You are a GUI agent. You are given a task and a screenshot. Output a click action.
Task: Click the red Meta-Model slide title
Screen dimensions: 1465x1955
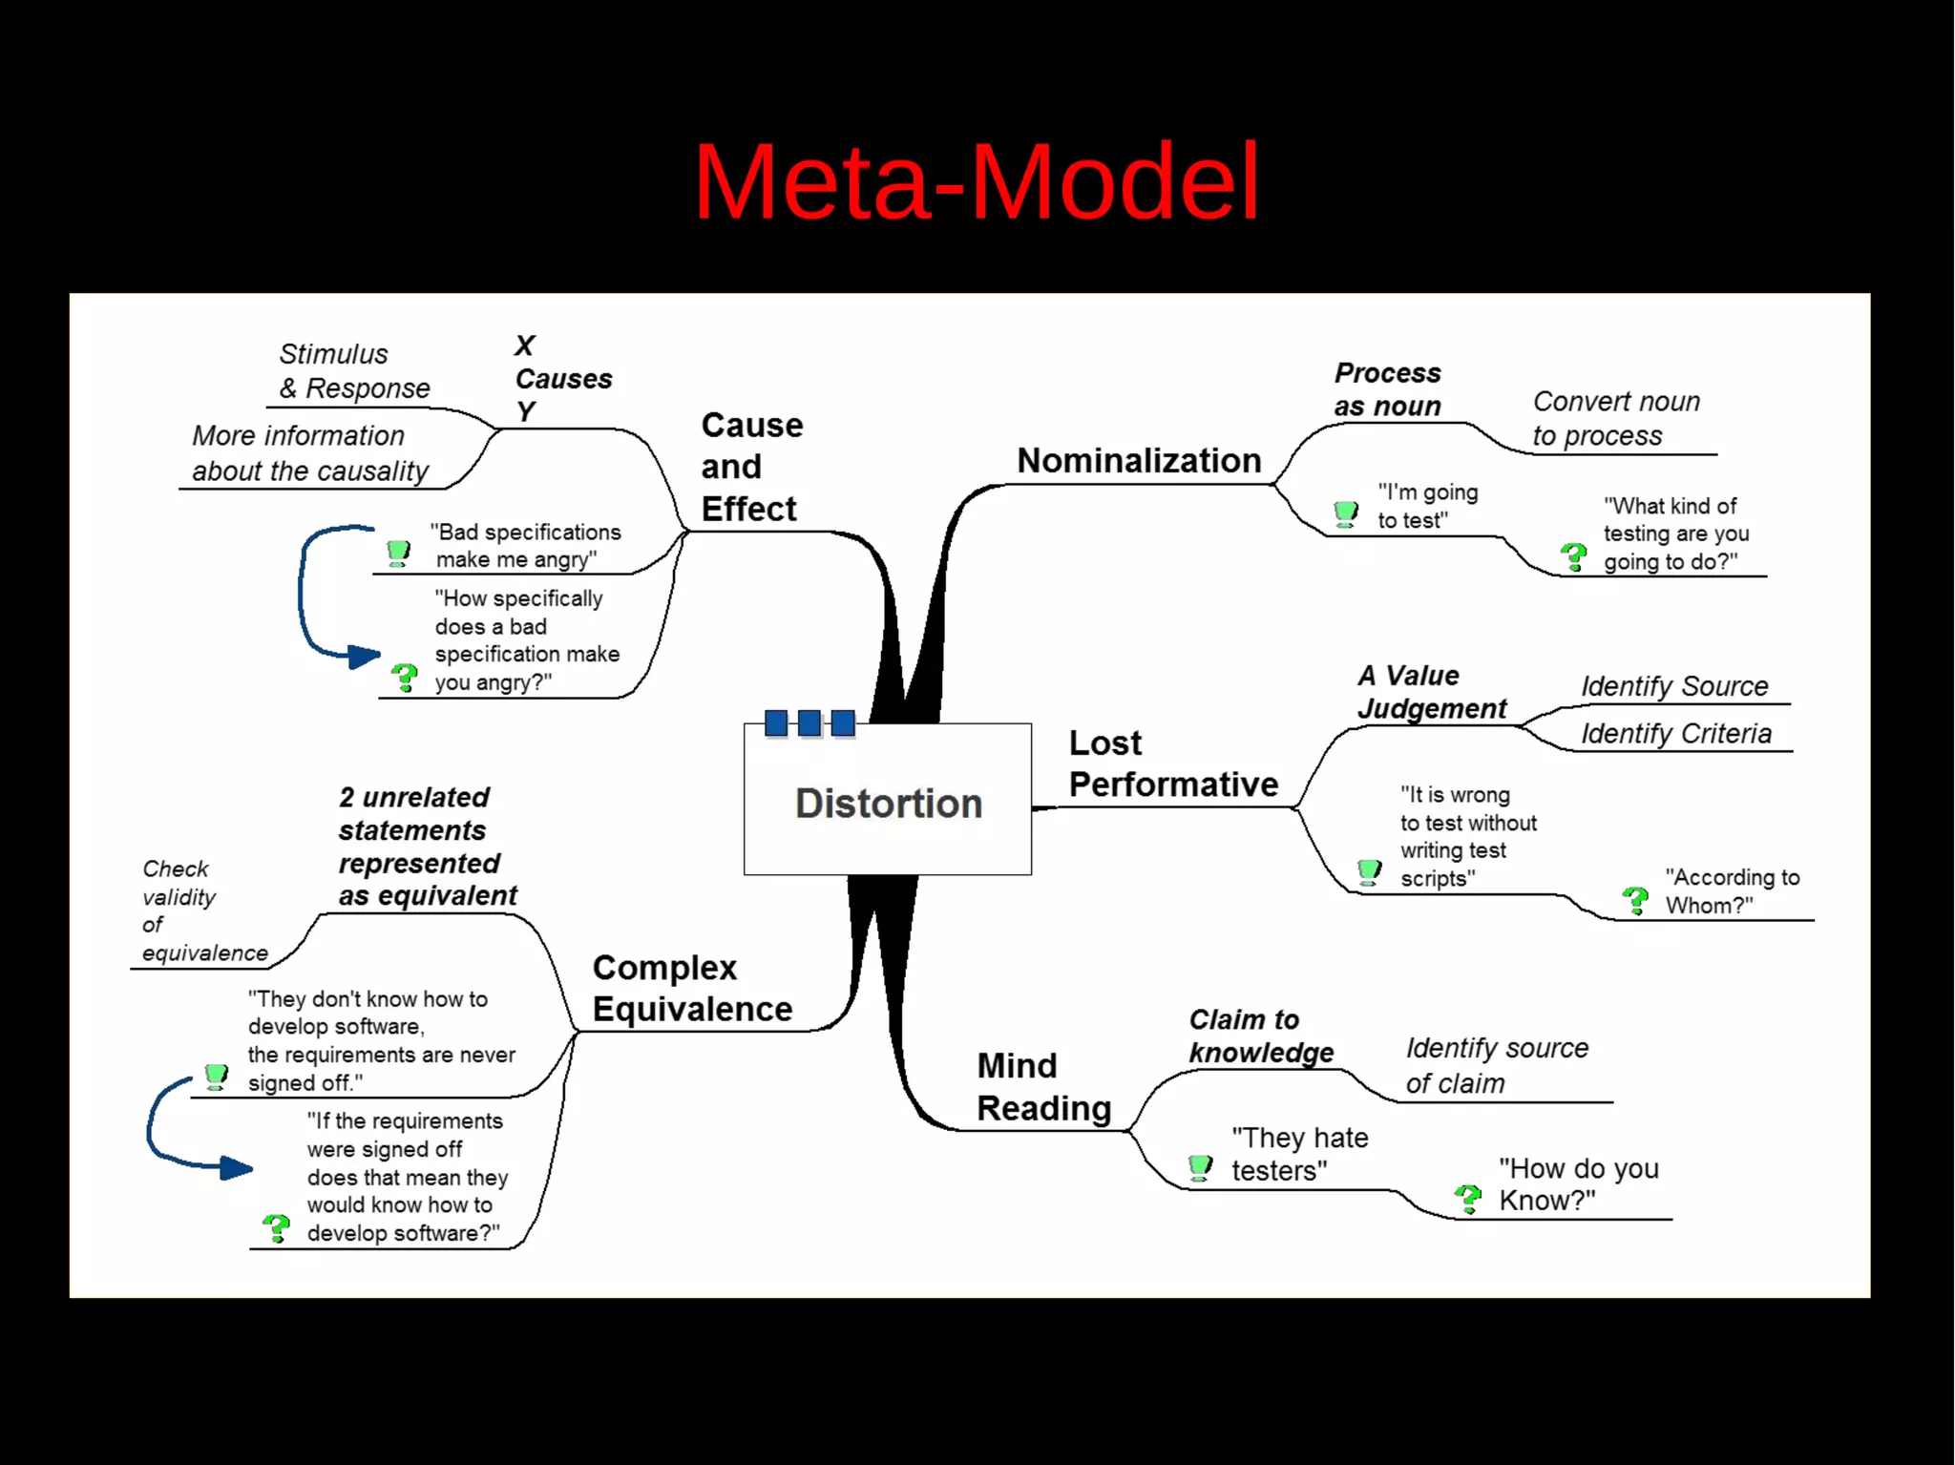pos(976,181)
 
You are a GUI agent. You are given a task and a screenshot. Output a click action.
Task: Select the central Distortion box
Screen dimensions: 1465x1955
pos(887,802)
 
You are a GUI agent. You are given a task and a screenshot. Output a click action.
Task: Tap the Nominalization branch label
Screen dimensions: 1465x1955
pos(1138,461)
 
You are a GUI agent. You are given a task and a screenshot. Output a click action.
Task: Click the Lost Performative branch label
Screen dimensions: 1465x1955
pos(1171,764)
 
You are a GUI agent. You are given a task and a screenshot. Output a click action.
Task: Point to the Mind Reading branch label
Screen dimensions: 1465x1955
pos(1043,1086)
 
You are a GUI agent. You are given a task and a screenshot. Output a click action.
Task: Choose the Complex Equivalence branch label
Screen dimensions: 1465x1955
pos(691,988)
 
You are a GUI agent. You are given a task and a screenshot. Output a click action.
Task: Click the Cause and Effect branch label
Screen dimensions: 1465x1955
pos(751,467)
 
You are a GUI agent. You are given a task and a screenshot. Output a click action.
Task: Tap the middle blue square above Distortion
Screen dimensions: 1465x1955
pos(809,723)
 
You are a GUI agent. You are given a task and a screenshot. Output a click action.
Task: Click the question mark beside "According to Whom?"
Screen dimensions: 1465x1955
pos(1635,899)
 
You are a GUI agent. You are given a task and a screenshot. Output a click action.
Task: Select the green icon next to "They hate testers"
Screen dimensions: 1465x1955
pos(1200,1166)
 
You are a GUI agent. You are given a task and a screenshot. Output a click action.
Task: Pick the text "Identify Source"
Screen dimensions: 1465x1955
pos(1673,686)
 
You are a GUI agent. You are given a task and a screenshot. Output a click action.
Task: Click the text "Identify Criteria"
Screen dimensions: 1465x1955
pos(1675,733)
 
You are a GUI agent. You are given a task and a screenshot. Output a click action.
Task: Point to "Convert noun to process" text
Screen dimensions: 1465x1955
pos(1615,418)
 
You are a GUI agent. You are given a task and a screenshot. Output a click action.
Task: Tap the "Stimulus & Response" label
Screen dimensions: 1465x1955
pos(353,371)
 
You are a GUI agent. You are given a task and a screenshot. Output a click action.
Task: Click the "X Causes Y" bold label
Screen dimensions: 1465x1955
pos(561,378)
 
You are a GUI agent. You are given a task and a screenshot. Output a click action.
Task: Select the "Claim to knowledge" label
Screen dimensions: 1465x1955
pos(1259,1036)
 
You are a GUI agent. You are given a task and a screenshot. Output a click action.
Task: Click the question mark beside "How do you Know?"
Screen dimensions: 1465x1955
pos(1467,1199)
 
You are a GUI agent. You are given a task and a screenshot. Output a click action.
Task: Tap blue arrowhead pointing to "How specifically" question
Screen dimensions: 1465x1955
pos(364,656)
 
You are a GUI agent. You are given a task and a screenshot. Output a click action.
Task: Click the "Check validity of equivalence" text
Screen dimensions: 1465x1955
pos(202,910)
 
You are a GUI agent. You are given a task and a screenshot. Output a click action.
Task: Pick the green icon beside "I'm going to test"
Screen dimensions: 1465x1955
pos(1345,513)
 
